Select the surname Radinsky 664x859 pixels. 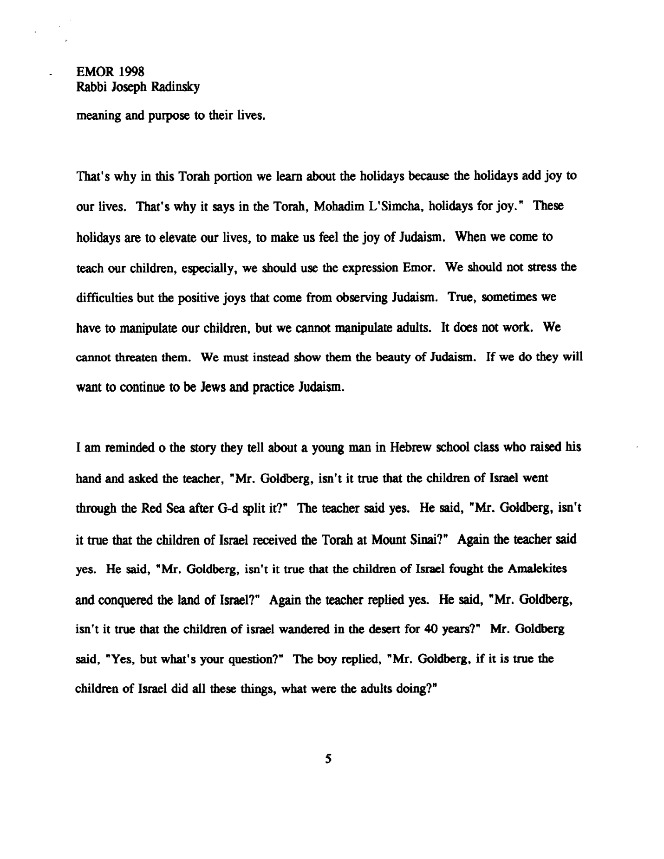click(x=176, y=87)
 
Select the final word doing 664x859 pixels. click(x=418, y=690)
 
